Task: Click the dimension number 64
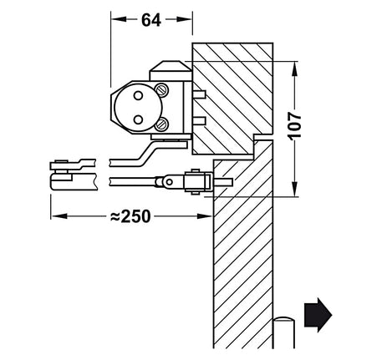coord(151,21)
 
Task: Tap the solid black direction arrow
coord(318,315)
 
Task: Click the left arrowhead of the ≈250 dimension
coord(56,215)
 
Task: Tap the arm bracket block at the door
coord(195,180)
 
